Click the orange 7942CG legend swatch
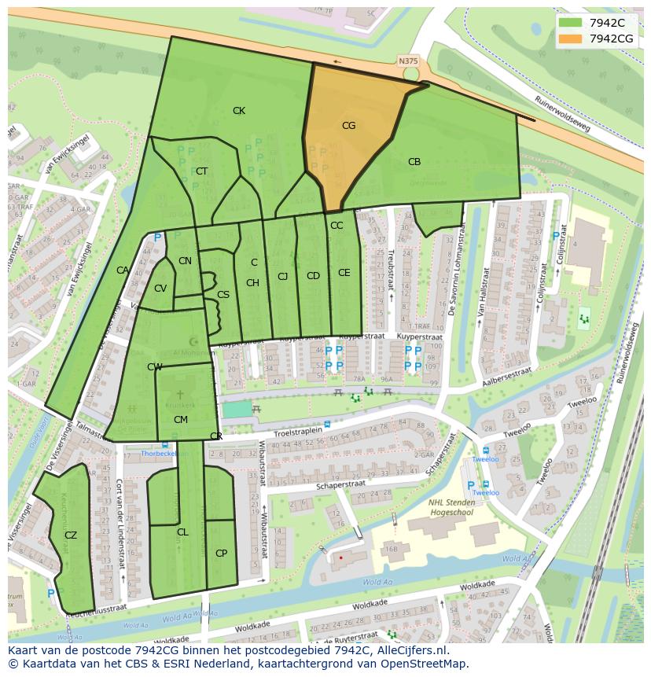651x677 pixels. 571,39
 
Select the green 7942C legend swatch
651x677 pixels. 571,23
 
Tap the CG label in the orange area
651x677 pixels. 348,125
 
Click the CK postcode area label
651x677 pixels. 239,111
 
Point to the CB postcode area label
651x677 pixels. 414,162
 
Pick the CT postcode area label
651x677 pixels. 201,171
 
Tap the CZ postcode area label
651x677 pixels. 71,535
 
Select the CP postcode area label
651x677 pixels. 221,554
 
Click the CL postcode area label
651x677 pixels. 182,532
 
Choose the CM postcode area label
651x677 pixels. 180,420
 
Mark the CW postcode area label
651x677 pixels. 154,367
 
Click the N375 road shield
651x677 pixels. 408,61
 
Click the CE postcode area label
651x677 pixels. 344,273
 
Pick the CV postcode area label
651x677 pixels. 160,289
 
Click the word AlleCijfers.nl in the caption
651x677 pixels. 409,650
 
